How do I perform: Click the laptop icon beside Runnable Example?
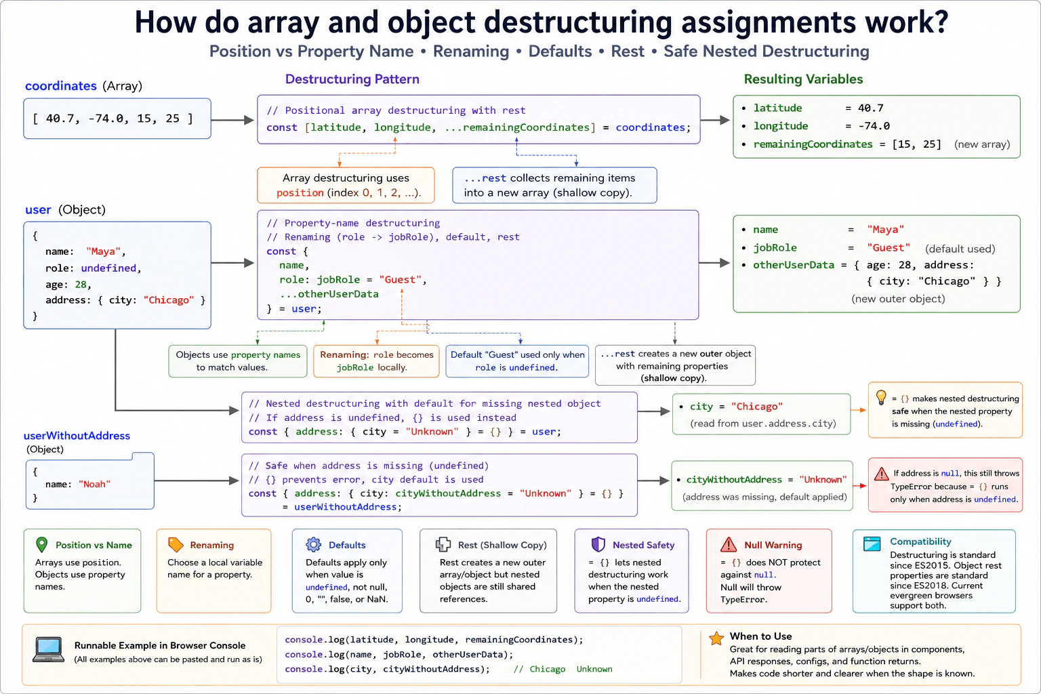pos(48,649)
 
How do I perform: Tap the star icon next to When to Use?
pos(716,638)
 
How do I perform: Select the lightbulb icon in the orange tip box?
pos(880,398)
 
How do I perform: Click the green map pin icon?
pos(42,544)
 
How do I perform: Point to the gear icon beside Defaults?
pos(314,544)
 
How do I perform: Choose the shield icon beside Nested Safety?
pos(598,544)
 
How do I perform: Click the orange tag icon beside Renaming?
pos(176,544)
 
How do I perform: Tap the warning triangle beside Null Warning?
pos(729,544)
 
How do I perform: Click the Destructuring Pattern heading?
pos(352,79)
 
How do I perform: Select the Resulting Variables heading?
pos(803,79)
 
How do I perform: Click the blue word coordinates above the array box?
pos(61,86)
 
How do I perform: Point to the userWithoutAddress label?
pos(77,436)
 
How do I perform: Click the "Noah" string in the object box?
pos(94,484)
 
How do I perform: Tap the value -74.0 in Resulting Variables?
pos(874,126)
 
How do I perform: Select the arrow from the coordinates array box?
pos(232,120)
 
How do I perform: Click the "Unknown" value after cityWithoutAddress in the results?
pos(823,479)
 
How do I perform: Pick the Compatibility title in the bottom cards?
pos(920,542)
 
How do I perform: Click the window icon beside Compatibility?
pos(872,544)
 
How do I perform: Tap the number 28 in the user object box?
pos(81,285)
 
